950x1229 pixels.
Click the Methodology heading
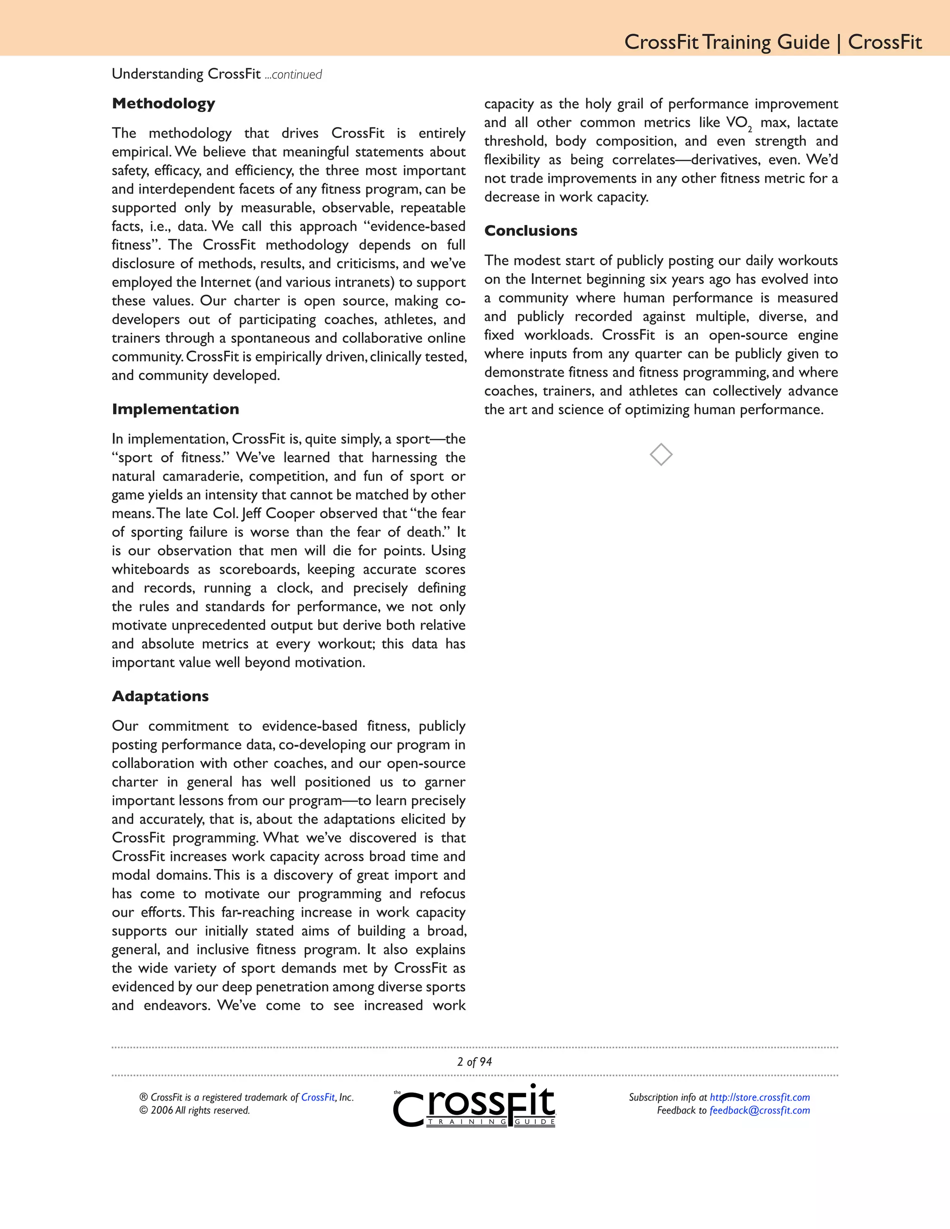[163, 103]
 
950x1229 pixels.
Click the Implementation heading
[175, 409]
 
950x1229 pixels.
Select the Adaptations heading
[160, 696]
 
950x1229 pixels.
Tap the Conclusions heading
[531, 230]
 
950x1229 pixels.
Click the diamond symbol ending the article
[661, 454]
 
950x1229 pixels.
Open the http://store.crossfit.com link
[759, 1097]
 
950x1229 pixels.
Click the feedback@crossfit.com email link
[759, 1110]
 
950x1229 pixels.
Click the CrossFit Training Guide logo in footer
[475, 1106]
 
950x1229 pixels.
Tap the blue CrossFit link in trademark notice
[317, 1097]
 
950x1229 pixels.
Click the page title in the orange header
[773, 42]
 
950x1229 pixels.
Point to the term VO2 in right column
[738, 123]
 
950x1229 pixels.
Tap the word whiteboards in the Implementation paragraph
[150, 570]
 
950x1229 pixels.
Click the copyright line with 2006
[194, 1110]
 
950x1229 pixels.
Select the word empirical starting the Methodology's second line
[140, 153]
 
